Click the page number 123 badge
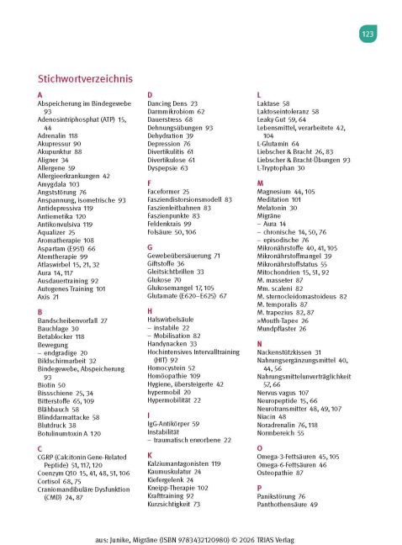368,34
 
